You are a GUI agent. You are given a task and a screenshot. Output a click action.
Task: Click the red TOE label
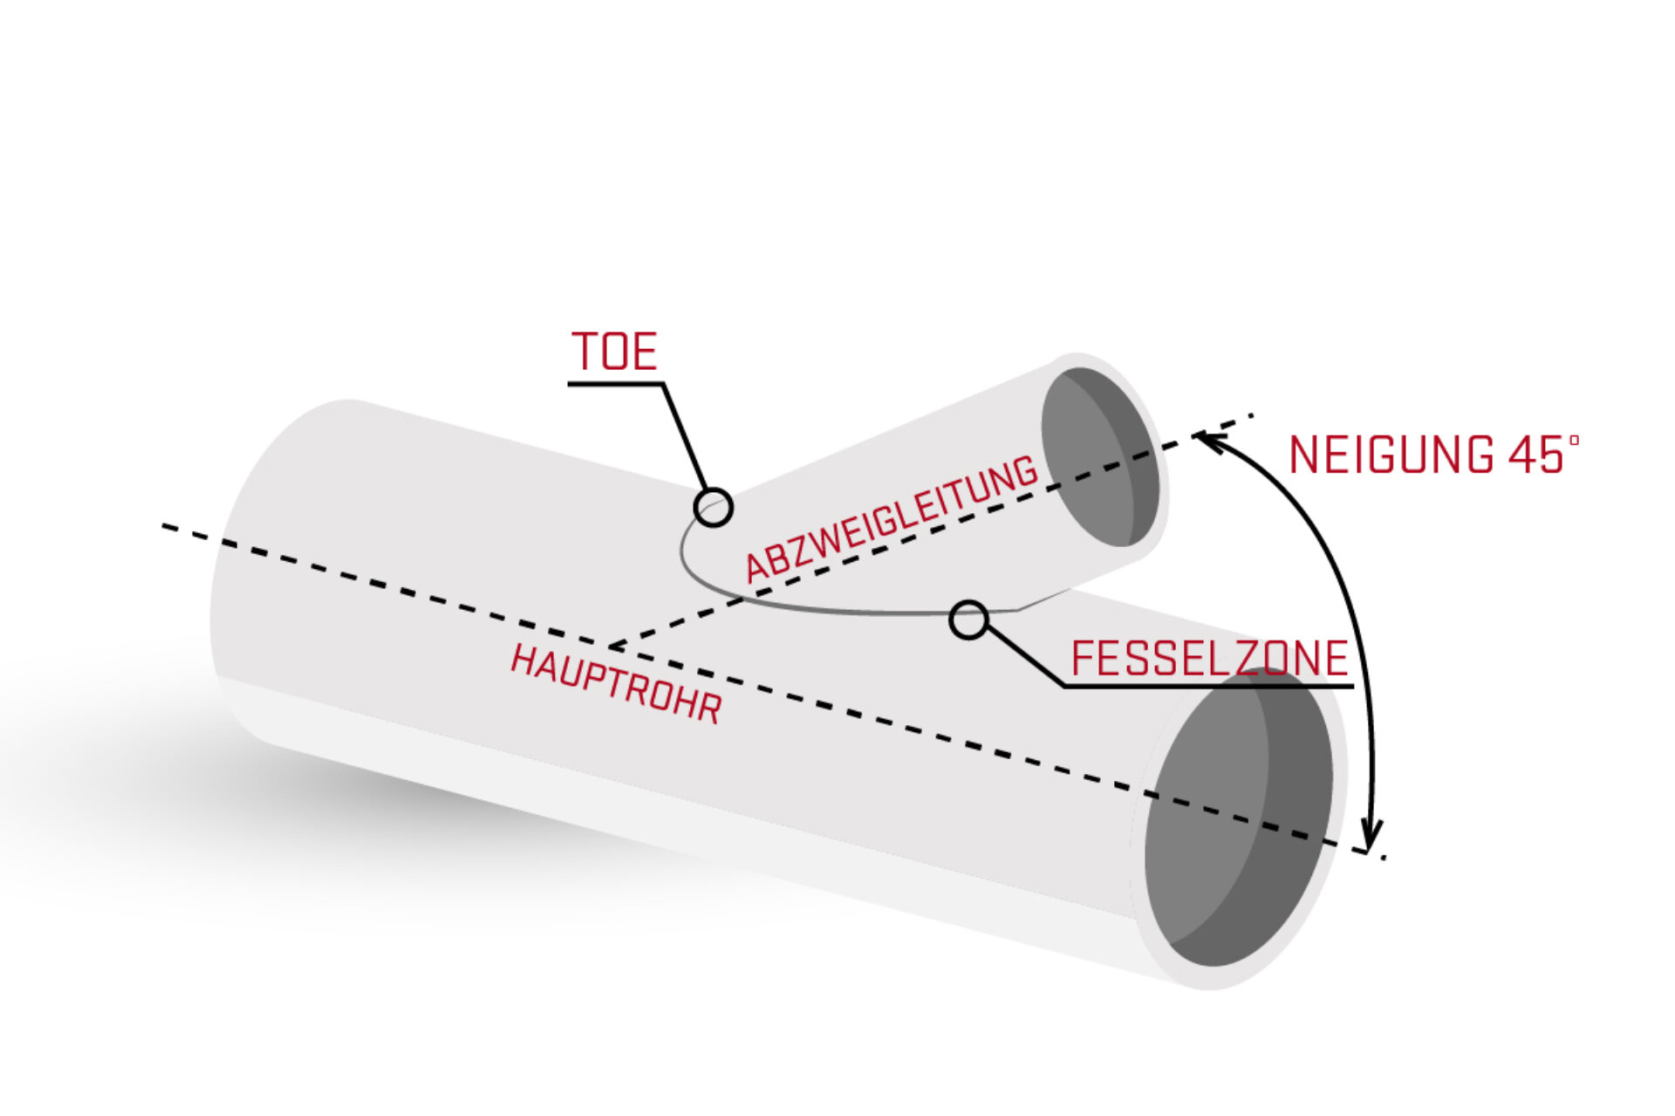click(x=614, y=352)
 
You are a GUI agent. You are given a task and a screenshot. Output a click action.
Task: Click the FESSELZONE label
click(x=1209, y=658)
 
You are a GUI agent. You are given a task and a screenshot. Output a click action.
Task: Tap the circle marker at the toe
click(x=714, y=507)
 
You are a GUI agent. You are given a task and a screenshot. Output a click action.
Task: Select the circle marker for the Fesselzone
click(x=968, y=620)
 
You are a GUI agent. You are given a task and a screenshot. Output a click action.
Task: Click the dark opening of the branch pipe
click(x=1100, y=457)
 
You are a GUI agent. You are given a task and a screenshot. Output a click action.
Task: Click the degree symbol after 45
click(x=1574, y=441)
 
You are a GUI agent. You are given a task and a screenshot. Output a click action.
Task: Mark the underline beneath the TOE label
click(x=616, y=383)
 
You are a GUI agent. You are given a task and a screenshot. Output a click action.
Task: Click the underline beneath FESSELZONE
click(x=1209, y=686)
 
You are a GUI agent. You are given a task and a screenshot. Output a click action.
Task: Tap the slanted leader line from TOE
click(x=685, y=437)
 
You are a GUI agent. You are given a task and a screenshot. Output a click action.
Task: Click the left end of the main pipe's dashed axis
click(x=164, y=525)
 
